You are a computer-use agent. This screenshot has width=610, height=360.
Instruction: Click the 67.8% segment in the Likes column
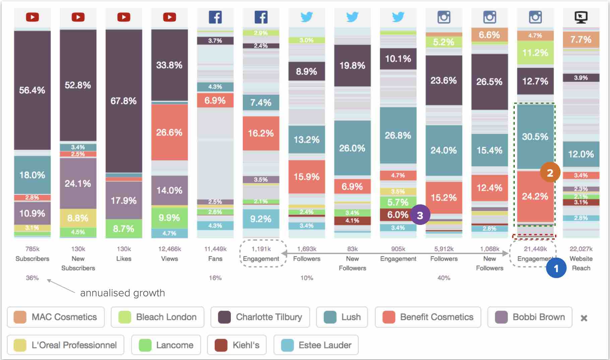(x=124, y=101)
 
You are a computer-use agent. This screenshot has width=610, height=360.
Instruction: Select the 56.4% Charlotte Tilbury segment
(x=32, y=90)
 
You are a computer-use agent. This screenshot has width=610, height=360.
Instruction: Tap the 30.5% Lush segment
(x=535, y=136)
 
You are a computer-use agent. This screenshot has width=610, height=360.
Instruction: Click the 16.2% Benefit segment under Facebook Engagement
(x=261, y=133)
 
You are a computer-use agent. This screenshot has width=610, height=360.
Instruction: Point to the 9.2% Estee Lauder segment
(x=261, y=219)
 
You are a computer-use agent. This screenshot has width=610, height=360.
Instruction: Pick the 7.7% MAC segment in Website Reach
(x=581, y=40)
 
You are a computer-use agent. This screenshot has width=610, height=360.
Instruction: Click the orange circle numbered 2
(x=550, y=173)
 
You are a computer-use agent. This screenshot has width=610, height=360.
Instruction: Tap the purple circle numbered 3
(x=420, y=215)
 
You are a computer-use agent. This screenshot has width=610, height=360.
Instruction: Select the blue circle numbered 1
(x=556, y=268)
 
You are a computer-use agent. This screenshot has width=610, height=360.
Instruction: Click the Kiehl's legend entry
(x=237, y=345)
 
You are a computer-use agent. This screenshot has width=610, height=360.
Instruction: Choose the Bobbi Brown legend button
(x=530, y=317)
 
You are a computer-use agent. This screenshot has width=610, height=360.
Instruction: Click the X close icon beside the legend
(x=584, y=318)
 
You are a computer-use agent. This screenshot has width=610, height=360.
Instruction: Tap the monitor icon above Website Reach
(x=581, y=17)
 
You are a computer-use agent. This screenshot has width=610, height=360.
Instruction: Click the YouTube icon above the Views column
(x=169, y=17)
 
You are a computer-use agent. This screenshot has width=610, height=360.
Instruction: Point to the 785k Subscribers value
(x=32, y=249)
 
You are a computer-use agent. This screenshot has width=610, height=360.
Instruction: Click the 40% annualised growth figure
(x=444, y=278)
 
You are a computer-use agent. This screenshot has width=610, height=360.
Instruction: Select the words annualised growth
(x=122, y=293)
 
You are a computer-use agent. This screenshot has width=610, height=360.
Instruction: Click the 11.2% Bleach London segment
(x=535, y=53)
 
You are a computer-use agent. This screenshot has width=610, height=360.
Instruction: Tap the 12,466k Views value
(x=169, y=249)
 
